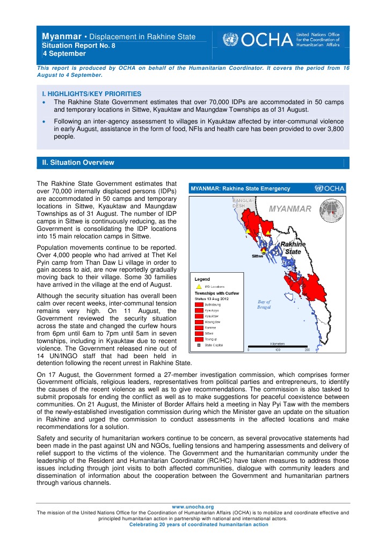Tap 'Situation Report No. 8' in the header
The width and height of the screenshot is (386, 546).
(78, 46)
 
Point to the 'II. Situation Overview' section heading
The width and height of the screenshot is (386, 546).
(78, 162)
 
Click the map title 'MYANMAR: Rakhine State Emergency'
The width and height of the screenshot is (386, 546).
(242, 188)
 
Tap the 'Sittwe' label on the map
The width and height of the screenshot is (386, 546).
(257, 256)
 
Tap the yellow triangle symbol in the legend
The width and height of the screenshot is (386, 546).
(198, 287)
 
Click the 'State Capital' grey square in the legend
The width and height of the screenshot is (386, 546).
(198, 345)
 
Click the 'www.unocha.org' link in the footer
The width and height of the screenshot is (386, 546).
(193, 506)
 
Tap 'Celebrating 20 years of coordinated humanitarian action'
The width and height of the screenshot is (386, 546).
(193, 525)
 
